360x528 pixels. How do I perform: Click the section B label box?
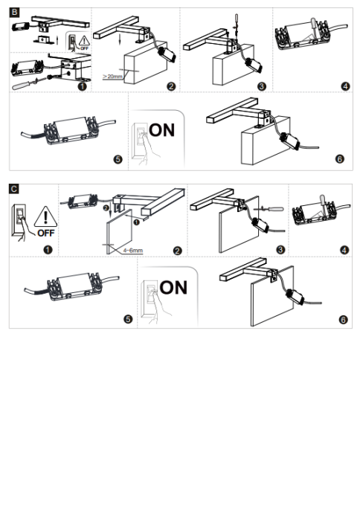coord(14,13)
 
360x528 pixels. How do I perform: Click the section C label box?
coord(14,189)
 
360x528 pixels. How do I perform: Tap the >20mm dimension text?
coord(112,77)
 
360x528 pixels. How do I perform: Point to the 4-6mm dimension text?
coord(132,251)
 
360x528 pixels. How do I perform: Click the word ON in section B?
coord(162,130)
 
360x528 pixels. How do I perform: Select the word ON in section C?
coord(173,287)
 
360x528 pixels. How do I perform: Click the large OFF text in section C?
coord(46,233)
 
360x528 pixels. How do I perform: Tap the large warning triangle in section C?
coord(45,216)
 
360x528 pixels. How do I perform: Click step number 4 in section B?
coord(346,86)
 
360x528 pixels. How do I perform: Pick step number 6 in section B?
coord(340,158)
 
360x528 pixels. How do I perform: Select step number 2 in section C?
coord(178,250)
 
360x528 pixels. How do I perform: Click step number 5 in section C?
coord(128,318)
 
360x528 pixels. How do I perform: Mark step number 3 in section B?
coord(262,86)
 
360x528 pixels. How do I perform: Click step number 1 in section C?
coord(48,250)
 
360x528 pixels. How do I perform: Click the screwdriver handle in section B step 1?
coord(22,86)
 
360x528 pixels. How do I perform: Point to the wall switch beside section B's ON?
coord(139,141)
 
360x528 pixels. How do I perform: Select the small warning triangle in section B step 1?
coord(84,41)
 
